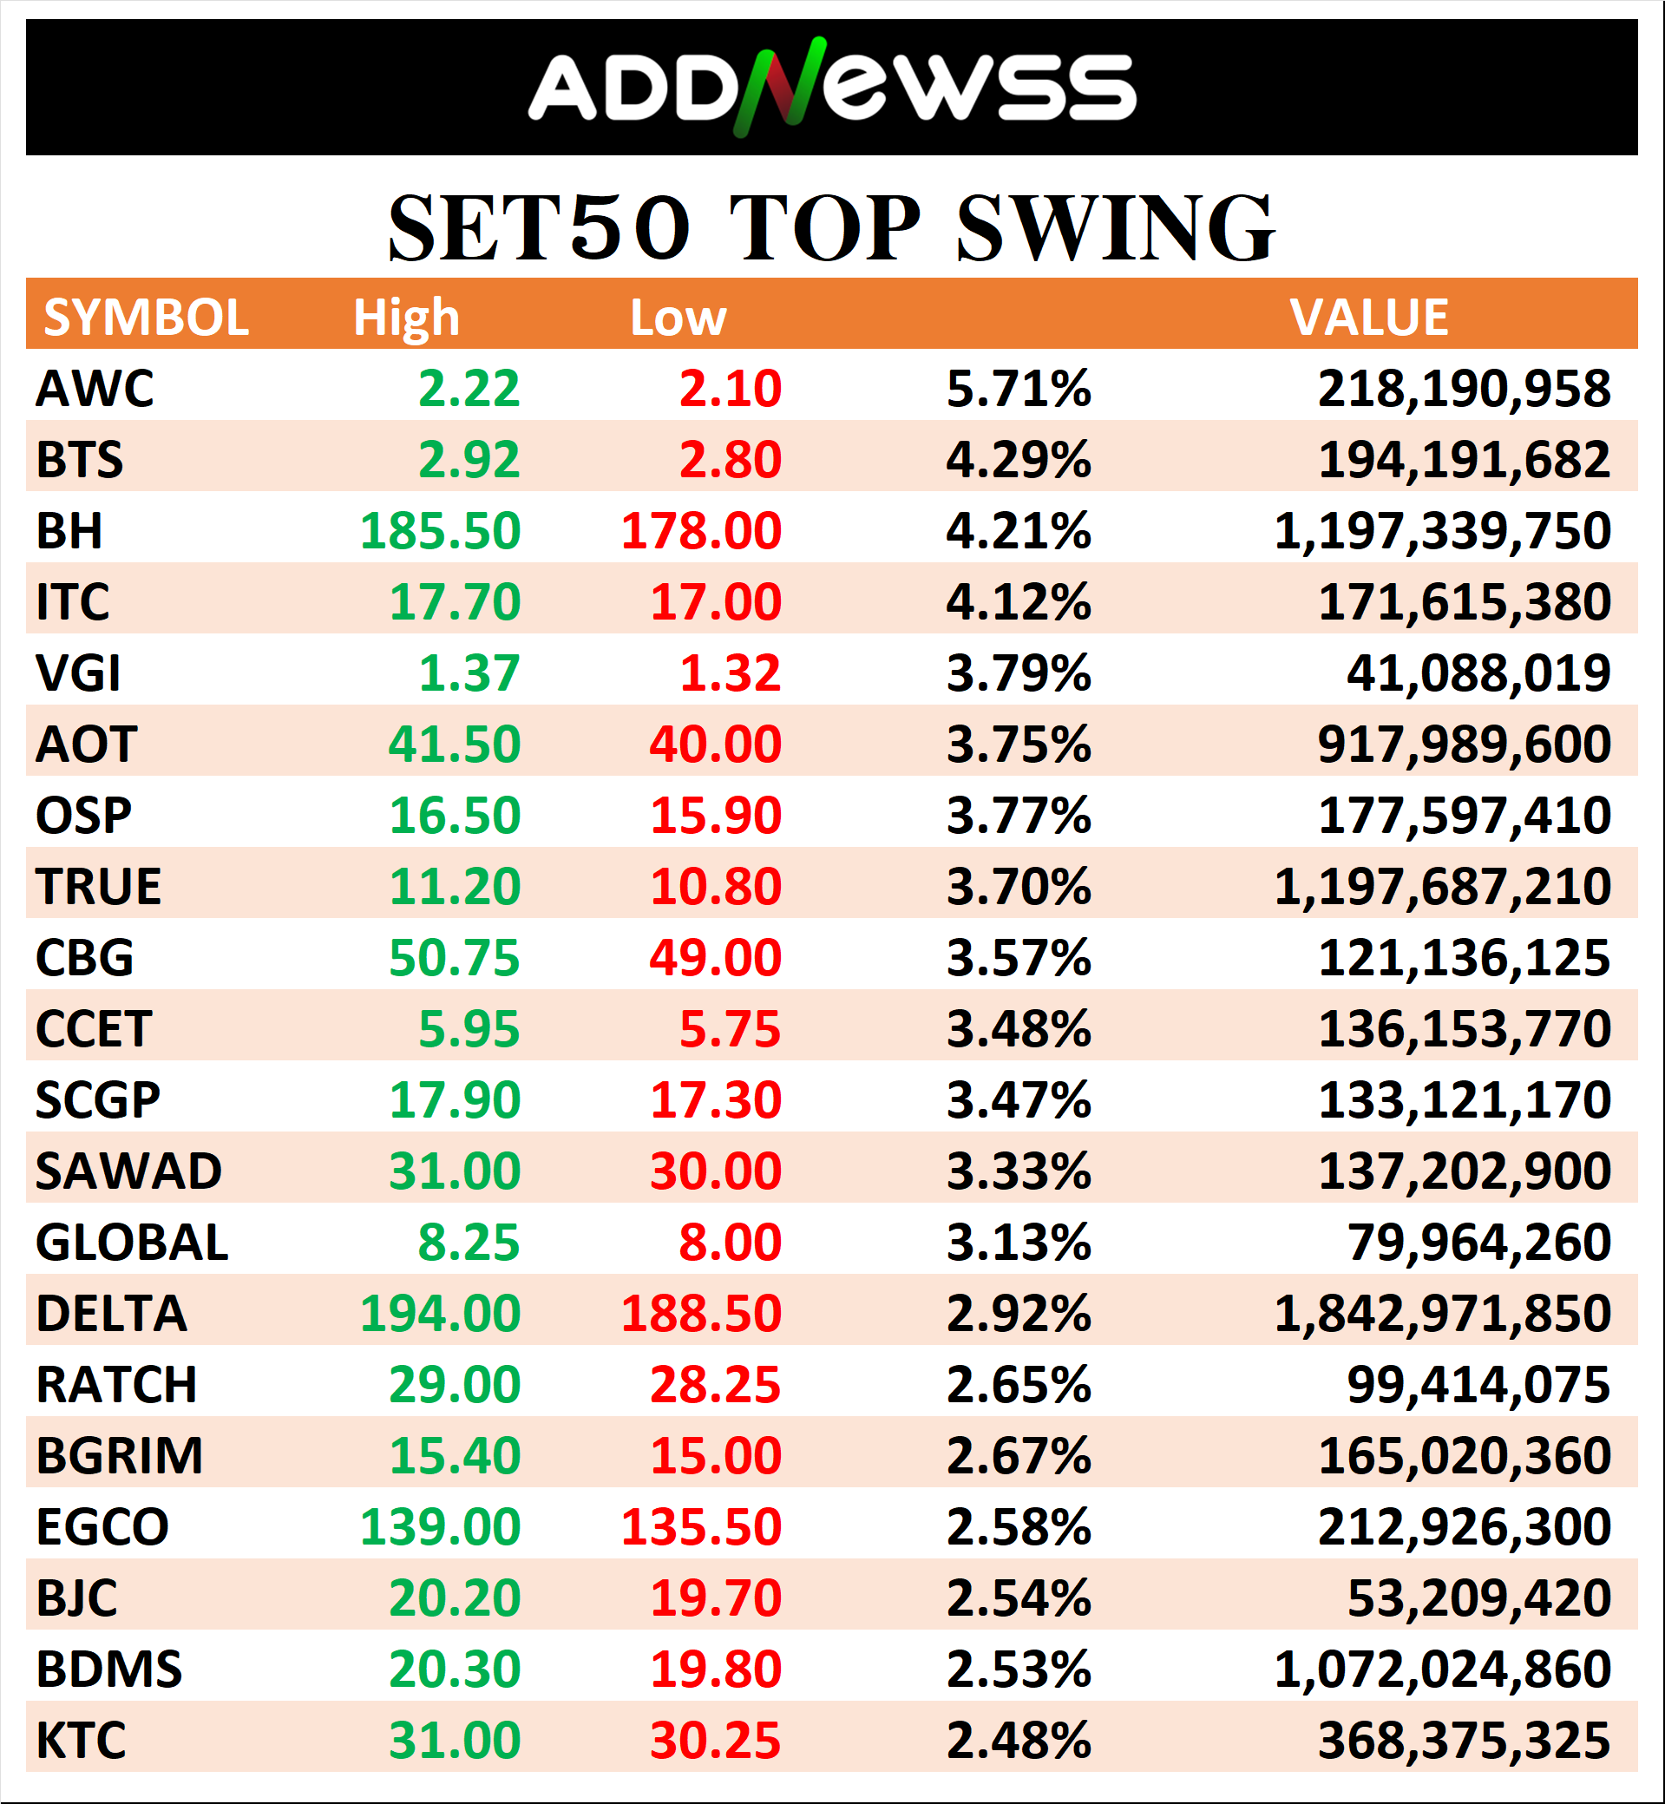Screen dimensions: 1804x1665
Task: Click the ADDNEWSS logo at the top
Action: (831, 88)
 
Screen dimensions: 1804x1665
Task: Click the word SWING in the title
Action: (1115, 229)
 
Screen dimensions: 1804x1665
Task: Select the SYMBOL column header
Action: (146, 318)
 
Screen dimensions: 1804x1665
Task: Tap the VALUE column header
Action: (1368, 318)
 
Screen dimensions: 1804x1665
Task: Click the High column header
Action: (405, 318)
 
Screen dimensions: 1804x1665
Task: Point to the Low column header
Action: (678, 318)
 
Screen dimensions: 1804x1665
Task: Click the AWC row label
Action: (95, 389)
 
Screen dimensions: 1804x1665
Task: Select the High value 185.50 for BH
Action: (440, 531)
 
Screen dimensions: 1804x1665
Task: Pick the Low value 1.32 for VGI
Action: (730, 673)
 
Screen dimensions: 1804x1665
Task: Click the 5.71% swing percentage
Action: (1018, 389)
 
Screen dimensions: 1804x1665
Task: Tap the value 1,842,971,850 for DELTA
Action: (1441, 1313)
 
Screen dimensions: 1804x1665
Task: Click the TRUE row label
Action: (98, 887)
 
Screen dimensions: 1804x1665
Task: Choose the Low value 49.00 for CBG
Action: (716, 957)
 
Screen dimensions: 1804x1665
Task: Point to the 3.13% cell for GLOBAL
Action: (1018, 1242)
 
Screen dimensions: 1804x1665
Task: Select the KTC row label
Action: (81, 1740)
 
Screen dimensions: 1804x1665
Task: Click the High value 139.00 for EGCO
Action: (440, 1526)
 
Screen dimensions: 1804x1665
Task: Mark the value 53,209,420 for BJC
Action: (1478, 1597)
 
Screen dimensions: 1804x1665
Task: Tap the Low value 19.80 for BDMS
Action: (716, 1669)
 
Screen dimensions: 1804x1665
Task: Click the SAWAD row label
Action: (128, 1171)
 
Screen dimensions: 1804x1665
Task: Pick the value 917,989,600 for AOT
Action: (1463, 745)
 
